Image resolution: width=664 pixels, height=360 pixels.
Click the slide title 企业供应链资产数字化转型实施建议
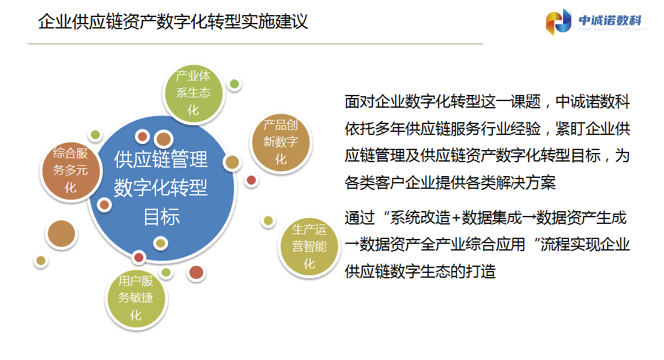tap(173, 22)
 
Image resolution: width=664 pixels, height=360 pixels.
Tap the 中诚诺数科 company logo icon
tap(559, 21)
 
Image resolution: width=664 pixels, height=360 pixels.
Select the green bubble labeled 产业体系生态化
tap(193, 93)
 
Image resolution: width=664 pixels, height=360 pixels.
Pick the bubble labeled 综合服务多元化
tap(71, 171)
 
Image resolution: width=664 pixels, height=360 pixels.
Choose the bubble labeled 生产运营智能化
tap(309, 247)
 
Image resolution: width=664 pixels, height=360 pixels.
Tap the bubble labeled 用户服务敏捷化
tap(135, 298)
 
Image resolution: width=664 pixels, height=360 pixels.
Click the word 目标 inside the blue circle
tap(161, 217)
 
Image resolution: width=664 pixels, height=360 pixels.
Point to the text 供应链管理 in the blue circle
tap(161, 160)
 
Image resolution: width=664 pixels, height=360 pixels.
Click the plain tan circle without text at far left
tap(62, 234)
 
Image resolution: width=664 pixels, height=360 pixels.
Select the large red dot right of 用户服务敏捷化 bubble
tap(196, 272)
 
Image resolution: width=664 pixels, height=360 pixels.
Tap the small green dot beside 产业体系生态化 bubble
tap(234, 84)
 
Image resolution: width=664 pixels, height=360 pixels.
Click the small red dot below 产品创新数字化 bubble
tap(251, 180)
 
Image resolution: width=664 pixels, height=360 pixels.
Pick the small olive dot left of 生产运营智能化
tap(268, 221)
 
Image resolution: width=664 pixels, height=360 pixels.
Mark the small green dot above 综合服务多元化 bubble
tap(96, 135)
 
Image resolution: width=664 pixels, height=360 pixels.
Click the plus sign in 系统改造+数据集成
tap(456, 218)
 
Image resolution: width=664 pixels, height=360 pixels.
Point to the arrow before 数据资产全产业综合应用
tap(352, 245)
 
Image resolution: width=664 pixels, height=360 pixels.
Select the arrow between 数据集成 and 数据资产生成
tap(529, 218)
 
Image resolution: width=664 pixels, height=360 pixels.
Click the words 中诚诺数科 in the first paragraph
tap(593, 102)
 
